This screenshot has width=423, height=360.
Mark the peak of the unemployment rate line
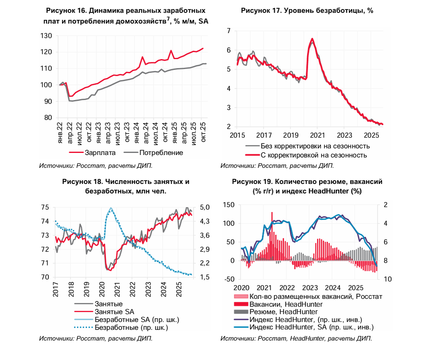[312, 39]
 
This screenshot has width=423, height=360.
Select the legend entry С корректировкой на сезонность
[314, 155]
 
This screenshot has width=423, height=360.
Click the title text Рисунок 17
[265, 11]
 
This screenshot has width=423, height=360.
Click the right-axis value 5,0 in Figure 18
[205, 207]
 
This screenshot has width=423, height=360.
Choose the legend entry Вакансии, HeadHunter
[287, 304]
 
